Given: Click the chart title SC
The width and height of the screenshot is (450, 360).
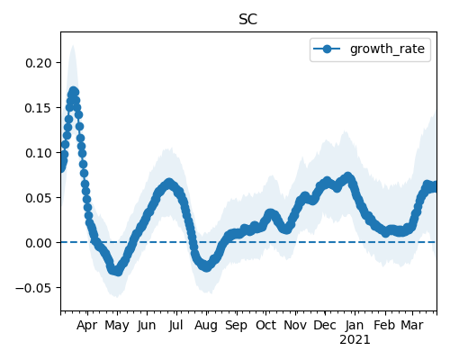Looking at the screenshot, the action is click(x=248, y=20).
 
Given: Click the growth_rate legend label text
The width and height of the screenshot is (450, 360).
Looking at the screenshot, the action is click(x=387, y=49).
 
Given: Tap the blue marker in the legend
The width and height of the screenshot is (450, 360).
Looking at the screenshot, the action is click(x=327, y=49).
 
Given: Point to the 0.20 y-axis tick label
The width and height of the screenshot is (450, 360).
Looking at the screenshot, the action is click(x=39, y=63).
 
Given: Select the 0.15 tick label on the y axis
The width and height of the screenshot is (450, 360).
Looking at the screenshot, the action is click(x=39, y=108).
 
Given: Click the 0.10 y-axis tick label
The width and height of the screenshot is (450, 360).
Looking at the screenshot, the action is click(x=39, y=153).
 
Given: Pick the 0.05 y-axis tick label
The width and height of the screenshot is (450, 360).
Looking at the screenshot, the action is click(x=39, y=198).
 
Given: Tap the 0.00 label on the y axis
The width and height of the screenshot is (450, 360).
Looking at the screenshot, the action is click(x=39, y=243).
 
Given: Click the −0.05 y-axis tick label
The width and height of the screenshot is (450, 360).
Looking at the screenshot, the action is click(x=33, y=288).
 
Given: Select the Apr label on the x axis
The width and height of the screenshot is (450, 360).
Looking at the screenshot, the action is click(x=87, y=325).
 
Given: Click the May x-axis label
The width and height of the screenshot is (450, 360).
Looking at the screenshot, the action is click(x=117, y=325).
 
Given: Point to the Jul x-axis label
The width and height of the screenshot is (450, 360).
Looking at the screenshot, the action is click(x=175, y=325).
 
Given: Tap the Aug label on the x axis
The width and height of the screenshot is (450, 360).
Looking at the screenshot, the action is click(x=206, y=325).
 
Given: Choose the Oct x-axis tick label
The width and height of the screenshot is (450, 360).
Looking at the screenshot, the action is click(x=265, y=325).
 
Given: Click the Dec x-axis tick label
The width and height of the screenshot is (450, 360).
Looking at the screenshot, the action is click(x=325, y=325).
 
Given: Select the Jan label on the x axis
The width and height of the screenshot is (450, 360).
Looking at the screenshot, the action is click(x=355, y=325).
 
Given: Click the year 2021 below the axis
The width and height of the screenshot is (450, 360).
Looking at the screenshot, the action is click(x=355, y=340).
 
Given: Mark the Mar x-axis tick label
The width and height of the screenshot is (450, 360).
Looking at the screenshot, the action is click(x=412, y=325).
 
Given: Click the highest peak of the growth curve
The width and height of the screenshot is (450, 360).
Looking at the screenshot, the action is click(x=74, y=91).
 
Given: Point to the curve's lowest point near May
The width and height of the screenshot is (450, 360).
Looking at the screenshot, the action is click(x=118, y=272).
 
